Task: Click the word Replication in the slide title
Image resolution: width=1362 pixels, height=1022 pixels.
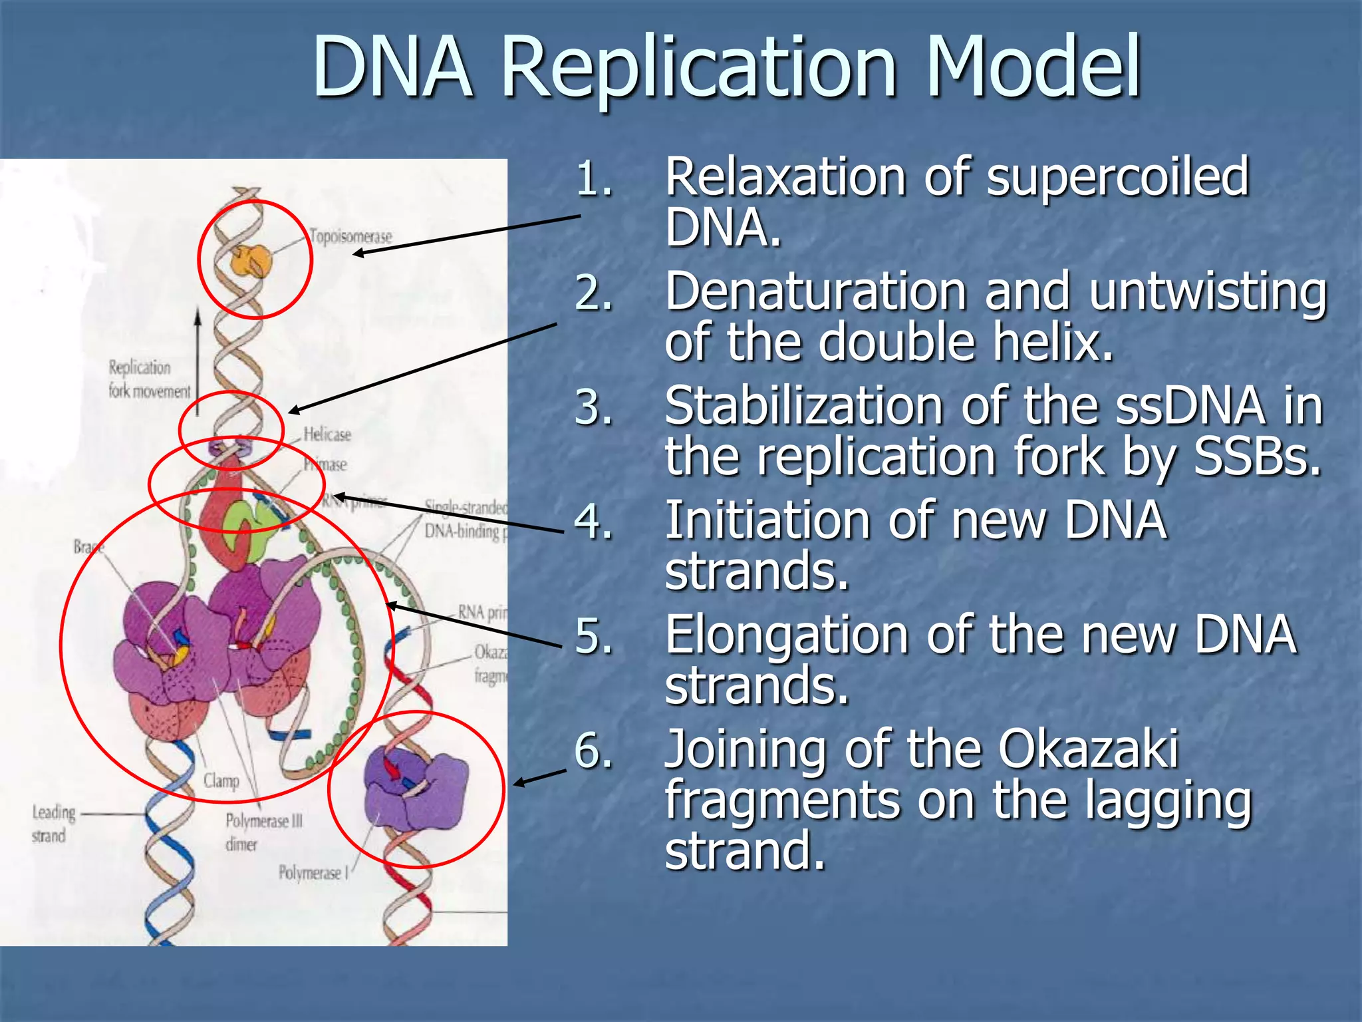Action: click(698, 68)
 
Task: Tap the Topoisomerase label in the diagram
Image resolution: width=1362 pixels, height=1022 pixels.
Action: click(351, 236)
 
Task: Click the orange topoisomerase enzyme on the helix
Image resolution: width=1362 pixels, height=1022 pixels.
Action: click(251, 260)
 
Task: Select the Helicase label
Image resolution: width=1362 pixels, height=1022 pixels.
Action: click(327, 434)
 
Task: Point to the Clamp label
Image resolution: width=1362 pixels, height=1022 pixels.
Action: click(221, 780)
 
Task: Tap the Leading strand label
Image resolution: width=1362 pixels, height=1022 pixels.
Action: click(54, 824)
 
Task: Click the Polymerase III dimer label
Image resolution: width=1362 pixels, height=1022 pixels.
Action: click(263, 832)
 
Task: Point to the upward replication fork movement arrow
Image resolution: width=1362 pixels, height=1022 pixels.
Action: click(198, 359)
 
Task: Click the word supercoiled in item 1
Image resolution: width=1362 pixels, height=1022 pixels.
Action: click(1117, 178)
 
